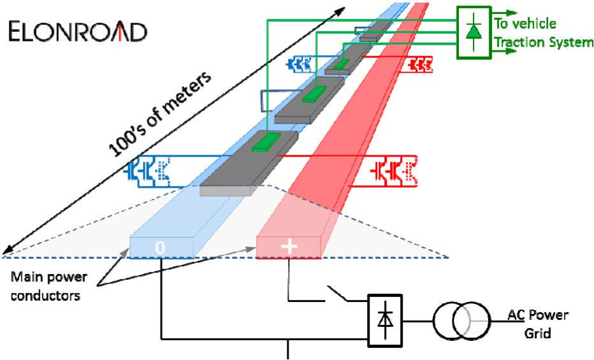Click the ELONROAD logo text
click(x=78, y=32)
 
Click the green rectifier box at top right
click(x=473, y=32)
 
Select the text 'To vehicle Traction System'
click(x=544, y=33)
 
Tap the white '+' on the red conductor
click(x=289, y=247)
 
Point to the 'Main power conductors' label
click(x=49, y=287)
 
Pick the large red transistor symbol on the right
click(x=391, y=171)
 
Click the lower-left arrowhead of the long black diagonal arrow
click(x=6, y=250)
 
